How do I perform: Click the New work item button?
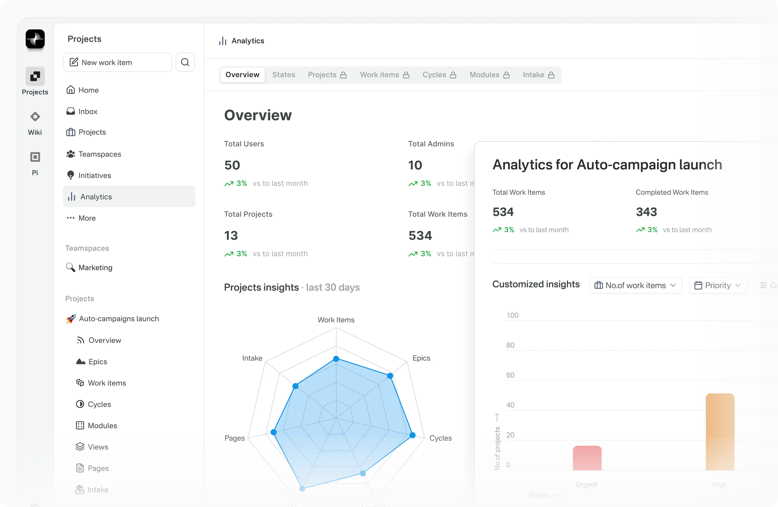(117, 62)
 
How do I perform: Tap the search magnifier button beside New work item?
(185, 62)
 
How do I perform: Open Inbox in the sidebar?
(88, 111)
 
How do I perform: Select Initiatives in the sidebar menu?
(95, 176)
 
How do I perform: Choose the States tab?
(283, 75)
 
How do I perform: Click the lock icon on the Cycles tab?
(453, 75)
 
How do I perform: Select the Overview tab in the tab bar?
(242, 75)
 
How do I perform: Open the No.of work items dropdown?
(636, 285)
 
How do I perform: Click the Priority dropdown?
(717, 285)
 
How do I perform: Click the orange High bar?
(720, 432)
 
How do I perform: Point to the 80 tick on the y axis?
(510, 345)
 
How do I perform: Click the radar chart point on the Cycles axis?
(413, 435)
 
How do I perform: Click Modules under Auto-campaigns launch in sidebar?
(102, 426)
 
